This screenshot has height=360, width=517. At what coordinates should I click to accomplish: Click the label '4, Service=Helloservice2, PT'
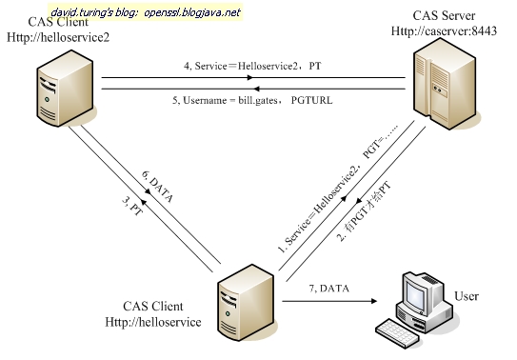pos(251,67)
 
